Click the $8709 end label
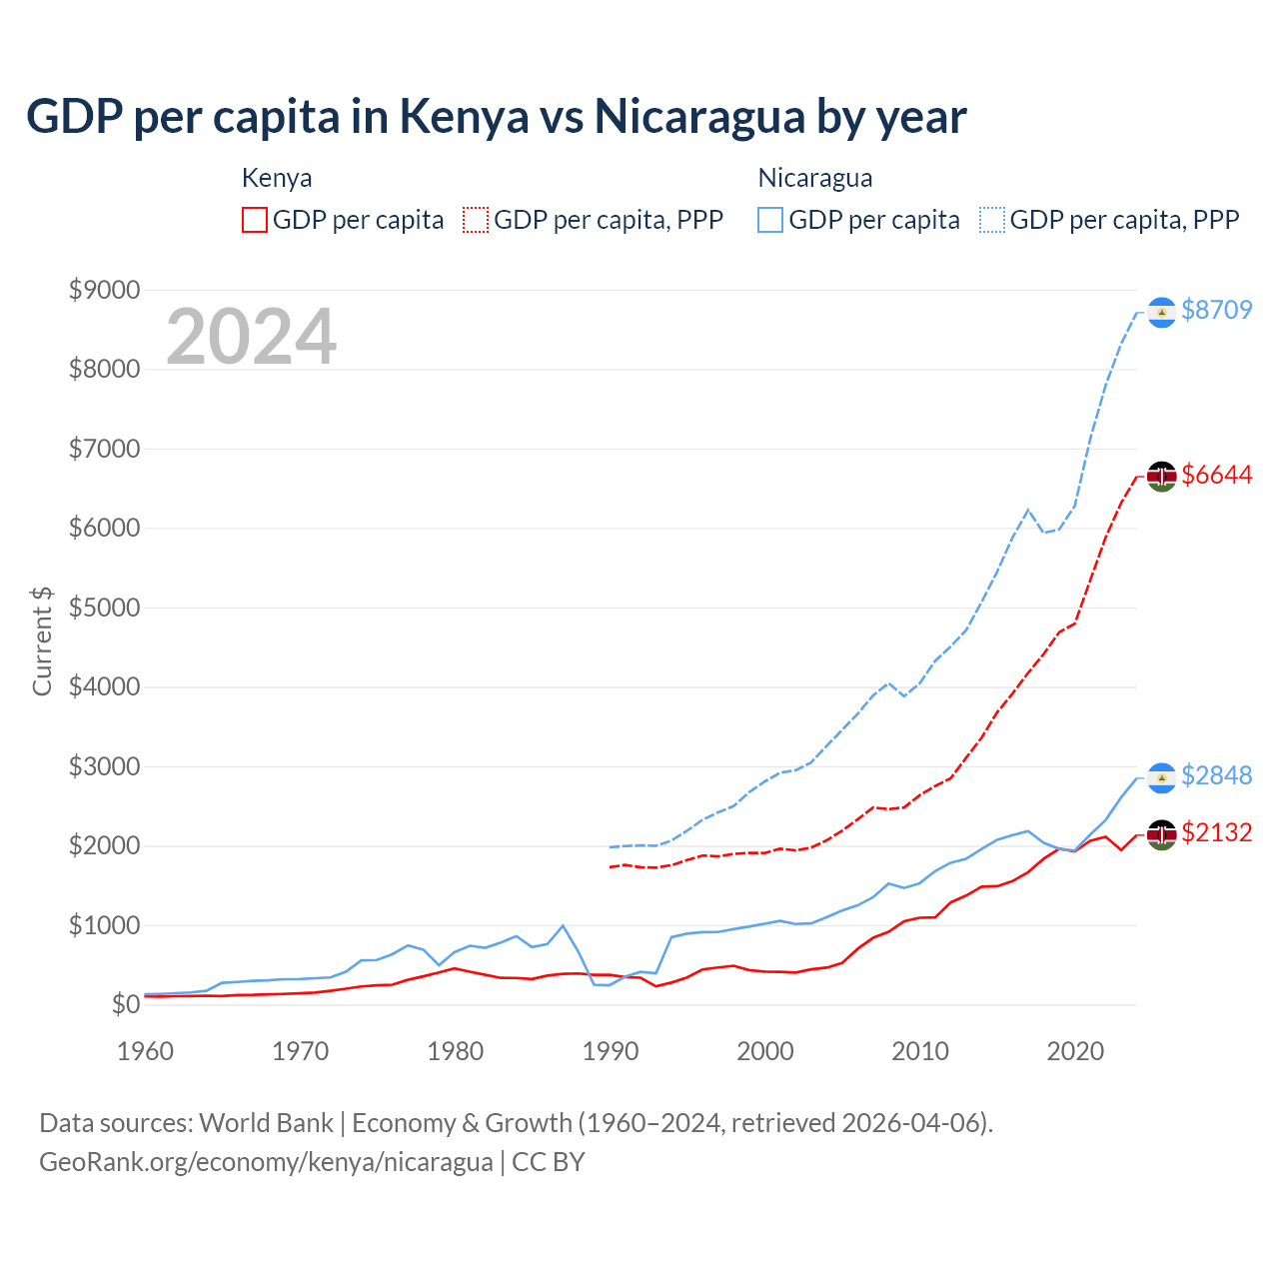point(1216,310)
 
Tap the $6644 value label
point(1216,475)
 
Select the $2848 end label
point(1216,775)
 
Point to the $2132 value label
point(1216,832)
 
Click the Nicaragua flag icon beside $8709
point(1161,313)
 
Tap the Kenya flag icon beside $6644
point(1161,476)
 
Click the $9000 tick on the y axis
point(104,290)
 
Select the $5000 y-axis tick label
point(104,608)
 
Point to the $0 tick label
point(125,1004)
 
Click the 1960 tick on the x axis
point(146,1051)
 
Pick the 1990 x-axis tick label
point(611,1051)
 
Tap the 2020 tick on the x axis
point(1075,1051)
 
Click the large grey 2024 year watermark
point(252,337)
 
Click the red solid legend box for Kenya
point(255,220)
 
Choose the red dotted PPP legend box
point(476,220)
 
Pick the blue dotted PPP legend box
point(992,220)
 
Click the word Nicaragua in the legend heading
point(815,178)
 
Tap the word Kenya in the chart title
point(465,116)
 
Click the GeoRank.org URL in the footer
point(266,1162)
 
